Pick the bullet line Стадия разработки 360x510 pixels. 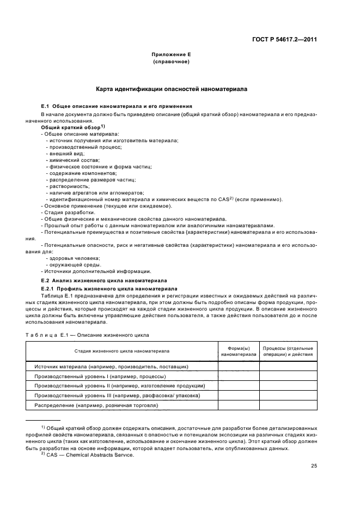[69, 212]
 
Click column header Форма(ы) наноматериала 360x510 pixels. [238, 351]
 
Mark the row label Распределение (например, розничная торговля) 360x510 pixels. [96, 405]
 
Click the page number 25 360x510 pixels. [314, 465]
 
